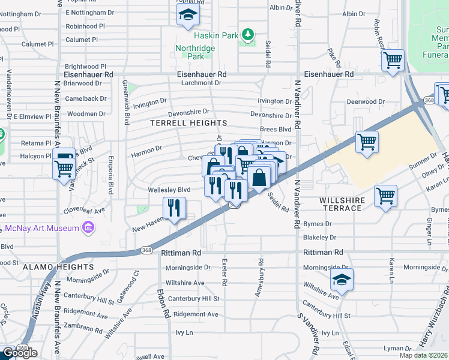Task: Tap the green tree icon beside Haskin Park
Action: pyautogui.click(x=247, y=35)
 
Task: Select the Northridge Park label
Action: pyautogui.click(x=190, y=52)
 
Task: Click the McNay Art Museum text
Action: pyautogui.click(x=43, y=228)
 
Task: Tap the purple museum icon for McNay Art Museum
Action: pyautogui.click(x=88, y=227)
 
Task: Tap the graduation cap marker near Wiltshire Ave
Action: pyautogui.click(x=342, y=279)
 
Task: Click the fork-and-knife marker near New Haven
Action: pyautogui.click(x=175, y=208)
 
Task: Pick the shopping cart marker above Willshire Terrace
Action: pyautogui.click(x=385, y=196)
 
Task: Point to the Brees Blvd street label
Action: pyautogui.click(x=276, y=129)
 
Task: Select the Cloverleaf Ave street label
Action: pyautogui.click(x=85, y=211)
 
